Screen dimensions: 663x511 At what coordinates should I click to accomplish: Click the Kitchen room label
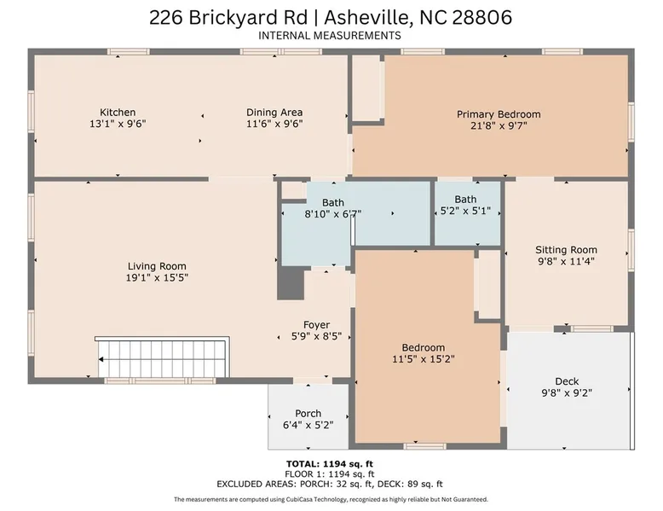[118, 113]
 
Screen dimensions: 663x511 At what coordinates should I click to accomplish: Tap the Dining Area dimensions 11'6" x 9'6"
[274, 124]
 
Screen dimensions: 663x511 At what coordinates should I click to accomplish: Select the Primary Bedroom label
[499, 114]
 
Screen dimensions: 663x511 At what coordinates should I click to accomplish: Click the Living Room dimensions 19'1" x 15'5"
[157, 278]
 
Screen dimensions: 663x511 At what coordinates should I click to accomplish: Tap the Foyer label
[316, 325]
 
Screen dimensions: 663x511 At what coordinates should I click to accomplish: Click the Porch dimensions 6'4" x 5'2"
[308, 425]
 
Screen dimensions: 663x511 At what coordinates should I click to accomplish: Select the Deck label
[567, 381]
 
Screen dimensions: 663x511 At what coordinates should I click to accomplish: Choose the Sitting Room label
[566, 250]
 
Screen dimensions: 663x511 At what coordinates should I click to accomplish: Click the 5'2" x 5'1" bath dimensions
[465, 211]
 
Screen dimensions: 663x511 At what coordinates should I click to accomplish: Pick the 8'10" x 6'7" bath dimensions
[333, 214]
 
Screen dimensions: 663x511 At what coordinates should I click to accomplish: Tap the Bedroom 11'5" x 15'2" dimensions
[424, 359]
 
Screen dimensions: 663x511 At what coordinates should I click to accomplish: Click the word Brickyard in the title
[248, 18]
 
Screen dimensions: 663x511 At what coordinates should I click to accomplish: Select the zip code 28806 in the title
[482, 18]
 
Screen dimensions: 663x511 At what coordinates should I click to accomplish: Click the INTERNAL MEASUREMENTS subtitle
[330, 36]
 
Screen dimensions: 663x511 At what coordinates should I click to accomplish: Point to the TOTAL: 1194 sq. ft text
[330, 464]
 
